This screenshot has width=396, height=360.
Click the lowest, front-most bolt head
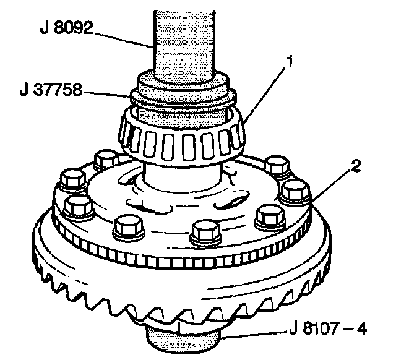coord(205,231)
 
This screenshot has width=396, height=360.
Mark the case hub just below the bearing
coord(183,179)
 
